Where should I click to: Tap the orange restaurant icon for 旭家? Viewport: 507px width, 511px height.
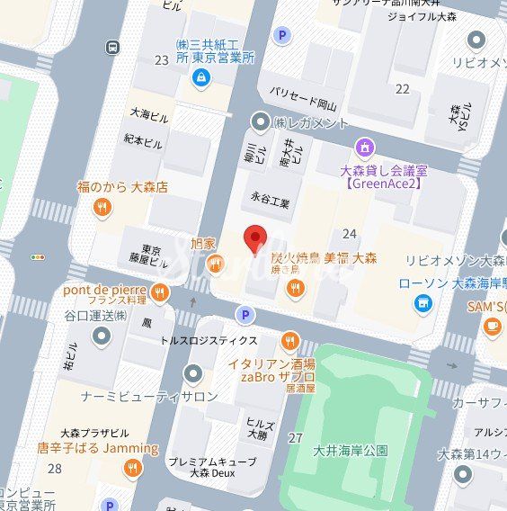215,264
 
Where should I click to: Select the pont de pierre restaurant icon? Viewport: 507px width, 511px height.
160,292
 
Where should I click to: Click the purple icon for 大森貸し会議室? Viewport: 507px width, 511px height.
364,147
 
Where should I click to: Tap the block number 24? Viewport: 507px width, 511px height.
350,234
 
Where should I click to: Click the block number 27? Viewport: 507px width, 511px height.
295,438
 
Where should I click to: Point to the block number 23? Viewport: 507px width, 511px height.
162,60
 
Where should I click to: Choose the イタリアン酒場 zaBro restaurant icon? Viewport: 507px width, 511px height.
289,341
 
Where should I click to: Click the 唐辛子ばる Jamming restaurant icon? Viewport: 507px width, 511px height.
133,468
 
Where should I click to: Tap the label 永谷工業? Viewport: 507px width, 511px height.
271,204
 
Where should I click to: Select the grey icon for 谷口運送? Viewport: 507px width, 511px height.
101,336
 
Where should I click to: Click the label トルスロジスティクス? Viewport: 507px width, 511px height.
209,340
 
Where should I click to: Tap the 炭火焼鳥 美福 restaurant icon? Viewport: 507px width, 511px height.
295,288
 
